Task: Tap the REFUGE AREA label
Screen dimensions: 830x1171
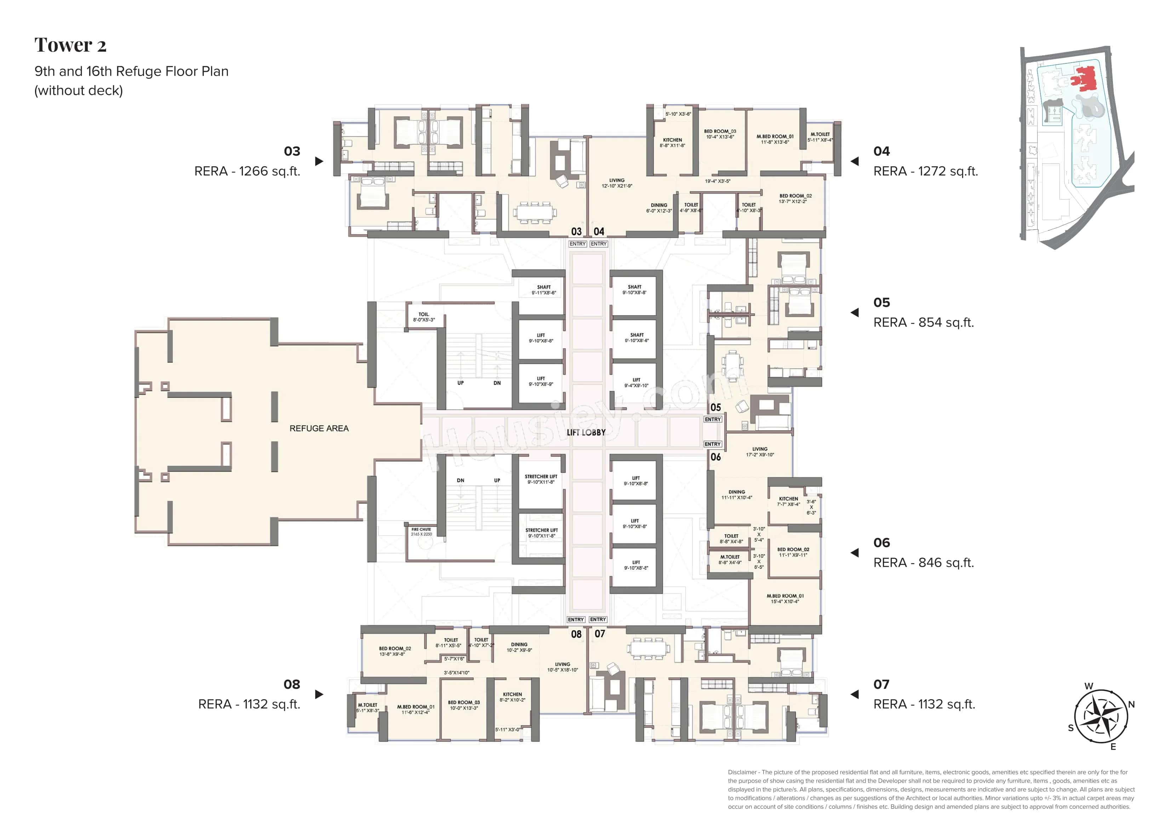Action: pyautogui.click(x=319, y=428)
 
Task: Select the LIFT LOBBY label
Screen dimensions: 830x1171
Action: pyautogui.click(x=586, y=432)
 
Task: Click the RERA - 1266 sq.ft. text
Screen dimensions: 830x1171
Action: pyautogui.click(x=247, y=171)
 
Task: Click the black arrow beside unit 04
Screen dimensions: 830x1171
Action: pyautogui.click(x=855, y=161)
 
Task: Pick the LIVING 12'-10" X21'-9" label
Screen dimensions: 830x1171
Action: pyautogui.click(x=617, y=183)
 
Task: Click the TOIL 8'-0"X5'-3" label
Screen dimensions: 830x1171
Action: pyautogui.click(x=423, y=317)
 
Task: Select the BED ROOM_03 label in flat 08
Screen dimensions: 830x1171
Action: pyautogui.click(x=463, y=705)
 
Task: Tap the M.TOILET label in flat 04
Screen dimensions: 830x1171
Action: pyautogui.click(x=820, y=137)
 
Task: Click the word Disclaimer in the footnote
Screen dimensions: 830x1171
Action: pyautogui.click(x=742, y=772)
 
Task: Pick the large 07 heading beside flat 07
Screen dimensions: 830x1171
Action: pyautogui.click(x=881, y=684)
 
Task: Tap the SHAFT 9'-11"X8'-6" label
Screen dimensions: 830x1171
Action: pyautogui.click(x=544, y=290)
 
